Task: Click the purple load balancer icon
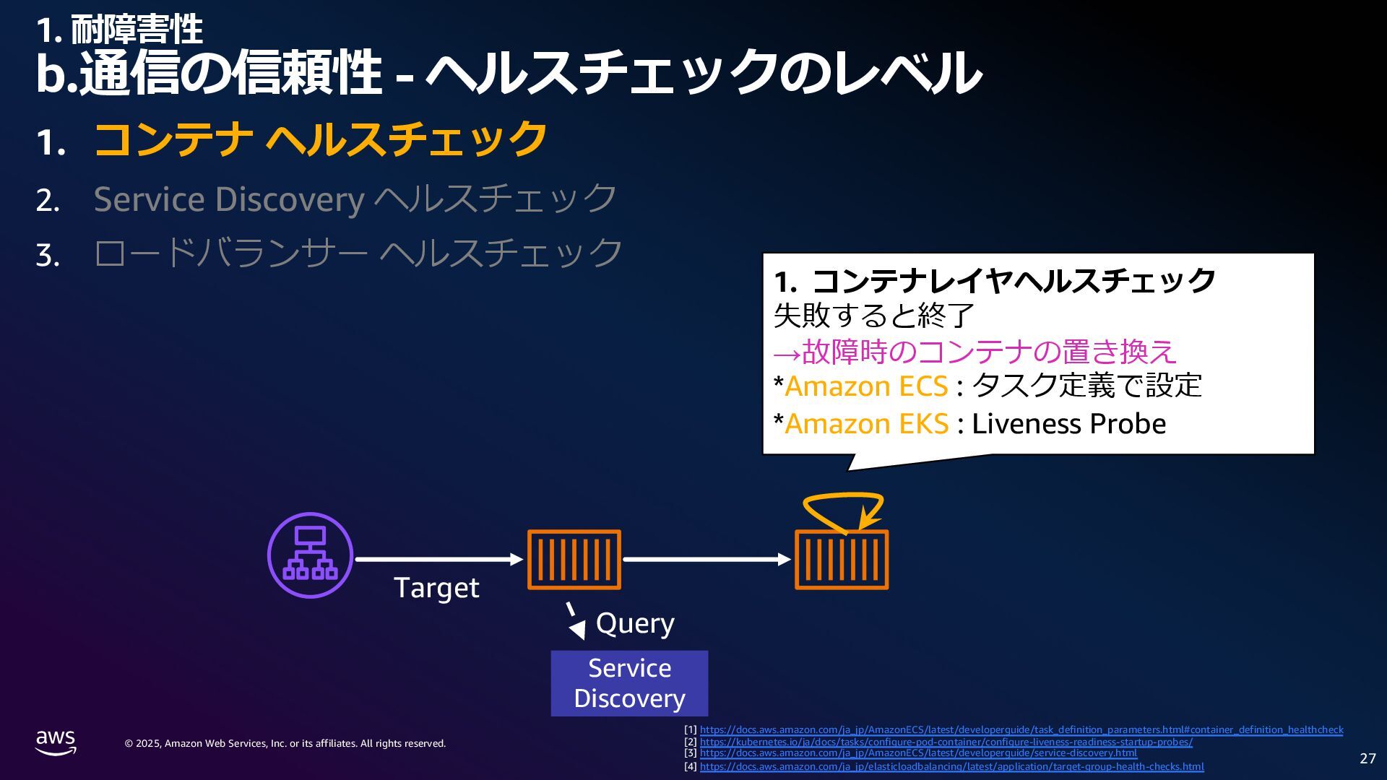pos(310,555)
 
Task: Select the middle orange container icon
pos(574,560)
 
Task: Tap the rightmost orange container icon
pos(842,560)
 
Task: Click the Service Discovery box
pos(629,683)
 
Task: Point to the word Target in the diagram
pos(436,588)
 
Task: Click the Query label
pos(635,623)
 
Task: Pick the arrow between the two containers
pos(707,559)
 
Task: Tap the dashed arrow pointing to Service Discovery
pos(575,621)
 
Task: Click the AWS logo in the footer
pos(56,742)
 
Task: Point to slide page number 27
pos(1367,758)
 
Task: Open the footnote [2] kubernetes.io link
pos(946,742)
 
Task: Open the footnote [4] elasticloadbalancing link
pos(951,766)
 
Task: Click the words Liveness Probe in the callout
pos(1068,424)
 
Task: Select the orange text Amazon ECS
pos(866,386)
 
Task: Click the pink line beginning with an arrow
pos(975,352)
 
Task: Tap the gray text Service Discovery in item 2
pos(228,199)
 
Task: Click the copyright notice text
pos(285,743)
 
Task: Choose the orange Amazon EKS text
pos(867,424)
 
